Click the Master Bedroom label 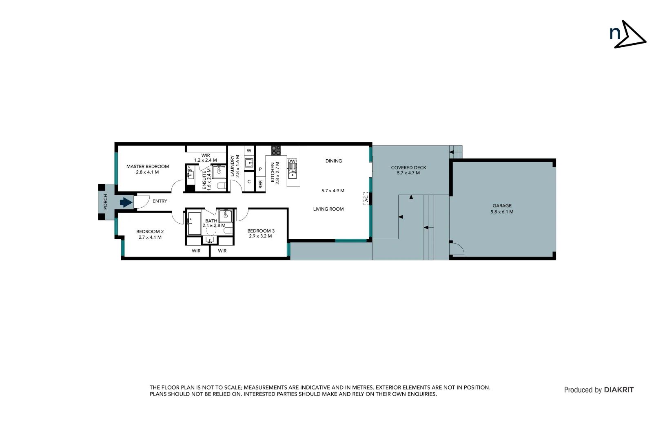click(x=147, y=167)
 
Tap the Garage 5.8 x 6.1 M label click(x=502, y=209)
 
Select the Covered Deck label click(x=408, y=167)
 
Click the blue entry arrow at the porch click(x=126, y=202)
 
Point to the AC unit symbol click(x=366, y=198)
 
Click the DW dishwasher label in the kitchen click(x=292, y=161)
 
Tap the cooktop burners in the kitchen click(x=276, y=150)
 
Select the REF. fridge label click(x=261, y=184)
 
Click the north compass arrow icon click(x=628, y=35)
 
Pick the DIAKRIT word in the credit click(x=619, y=390)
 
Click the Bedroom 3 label click(x=261, y=231)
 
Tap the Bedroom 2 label click(x=150, y=232)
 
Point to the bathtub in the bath click(x=195, y=223)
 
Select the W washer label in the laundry click(x=249, y=151)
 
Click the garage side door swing click(x=456, y=249)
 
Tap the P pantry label click(x=260, y=169)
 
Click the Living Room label click(x=328, y=209)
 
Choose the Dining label click(x=333, y=161)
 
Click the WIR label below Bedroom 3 click(x=222, y=251)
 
